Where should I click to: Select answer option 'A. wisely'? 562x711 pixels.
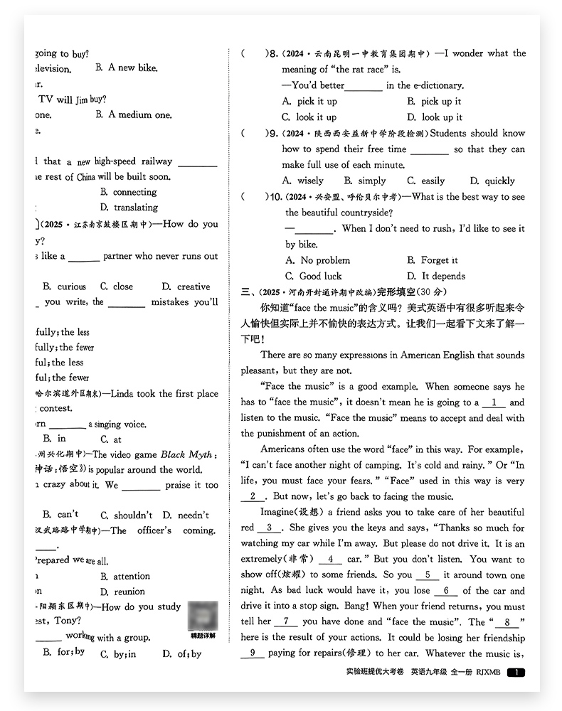302,181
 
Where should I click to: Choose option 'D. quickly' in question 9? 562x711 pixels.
492,181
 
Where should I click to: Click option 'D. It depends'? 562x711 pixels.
435,276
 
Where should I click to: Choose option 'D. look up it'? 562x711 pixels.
434,117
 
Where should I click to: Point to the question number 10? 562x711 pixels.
274,197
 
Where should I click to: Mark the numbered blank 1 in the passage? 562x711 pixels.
494,402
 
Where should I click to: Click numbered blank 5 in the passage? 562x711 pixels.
427,574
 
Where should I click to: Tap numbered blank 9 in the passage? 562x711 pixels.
252,653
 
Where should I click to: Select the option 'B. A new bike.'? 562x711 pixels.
126,68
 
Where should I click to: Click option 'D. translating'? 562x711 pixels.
129,208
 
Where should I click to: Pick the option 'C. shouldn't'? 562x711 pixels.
126,515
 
